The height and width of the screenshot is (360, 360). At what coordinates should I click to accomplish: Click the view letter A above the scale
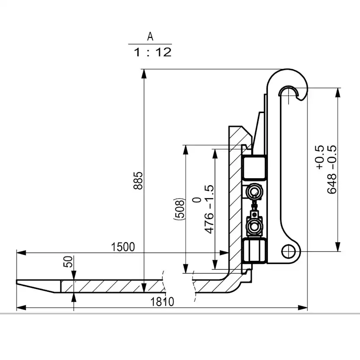point(150,37)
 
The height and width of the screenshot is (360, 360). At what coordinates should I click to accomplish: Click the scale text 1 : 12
point(153,52)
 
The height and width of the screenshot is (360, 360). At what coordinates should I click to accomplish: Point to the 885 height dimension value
point(138,180)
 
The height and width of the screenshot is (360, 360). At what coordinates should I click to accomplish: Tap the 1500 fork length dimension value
point(123,247)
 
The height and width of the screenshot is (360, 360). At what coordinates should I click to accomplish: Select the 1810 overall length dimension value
point(162,302)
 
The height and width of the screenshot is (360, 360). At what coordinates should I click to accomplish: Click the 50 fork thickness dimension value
point(68,262)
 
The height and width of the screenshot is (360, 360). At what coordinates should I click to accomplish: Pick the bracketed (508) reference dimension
point(179,209)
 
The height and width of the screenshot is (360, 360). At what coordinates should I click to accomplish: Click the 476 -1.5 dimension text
point(209,210)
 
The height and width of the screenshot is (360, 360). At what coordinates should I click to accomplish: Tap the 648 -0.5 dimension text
point(332,170)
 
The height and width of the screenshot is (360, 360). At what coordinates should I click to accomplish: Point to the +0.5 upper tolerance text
point(320,157)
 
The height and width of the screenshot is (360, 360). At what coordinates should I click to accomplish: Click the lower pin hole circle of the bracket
point(289,251)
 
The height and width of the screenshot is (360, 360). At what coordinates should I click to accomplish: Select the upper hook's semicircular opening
point(288,90)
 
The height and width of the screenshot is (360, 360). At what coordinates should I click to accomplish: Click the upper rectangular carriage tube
point(254,167)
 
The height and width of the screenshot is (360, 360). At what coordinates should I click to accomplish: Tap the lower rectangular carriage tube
point(254,251)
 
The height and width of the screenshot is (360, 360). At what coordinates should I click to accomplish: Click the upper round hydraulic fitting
point(254,191)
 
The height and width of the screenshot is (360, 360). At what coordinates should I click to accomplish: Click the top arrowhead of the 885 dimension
point(144,74)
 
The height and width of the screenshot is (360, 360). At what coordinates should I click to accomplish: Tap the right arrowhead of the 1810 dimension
point(303,308)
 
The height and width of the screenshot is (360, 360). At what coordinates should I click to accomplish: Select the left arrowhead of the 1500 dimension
point(21,253)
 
